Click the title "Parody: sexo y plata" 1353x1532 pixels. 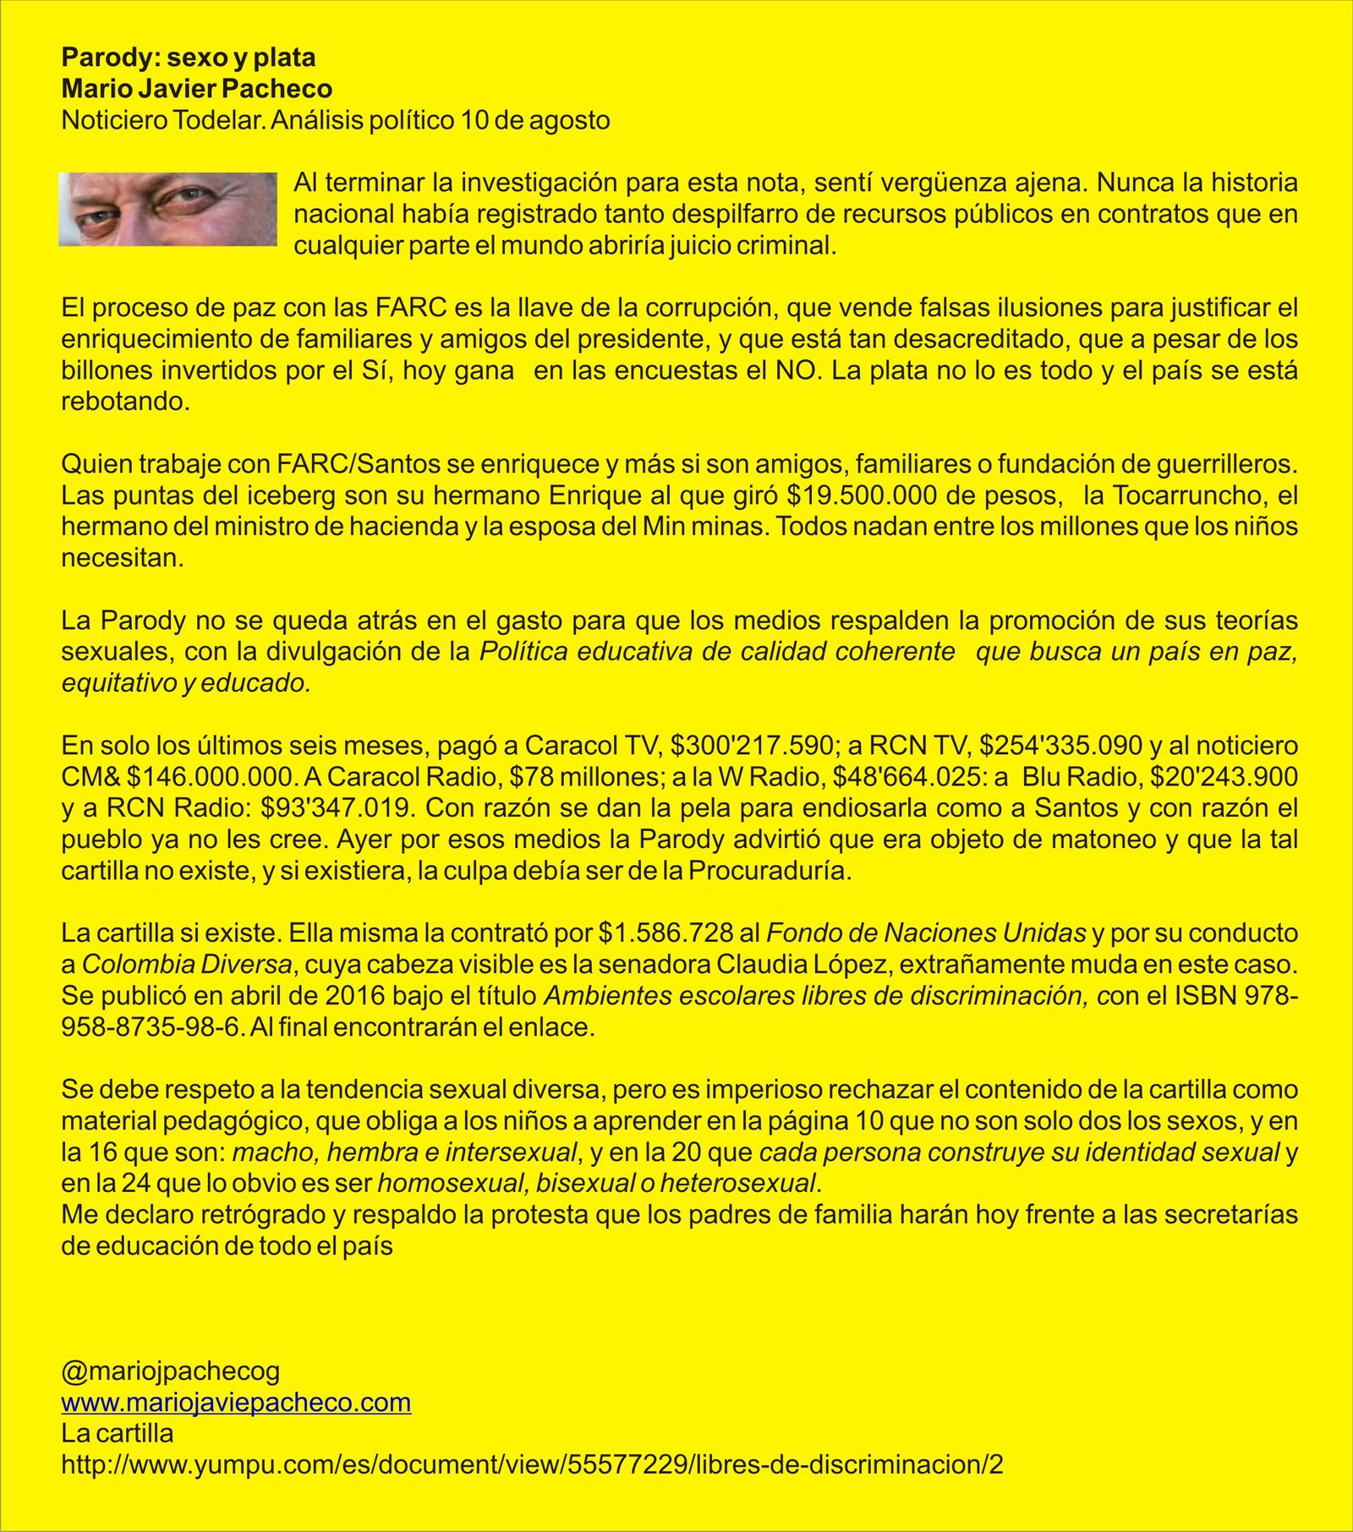[x=188, y=57]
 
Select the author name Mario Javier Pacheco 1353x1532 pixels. [x=196, y=89]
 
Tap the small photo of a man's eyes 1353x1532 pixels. [x=167, y=209]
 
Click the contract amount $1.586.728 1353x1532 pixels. [x=666, y=933]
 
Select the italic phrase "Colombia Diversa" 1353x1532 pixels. [x=187, y=965]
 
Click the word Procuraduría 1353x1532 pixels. [x=769, y=871]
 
